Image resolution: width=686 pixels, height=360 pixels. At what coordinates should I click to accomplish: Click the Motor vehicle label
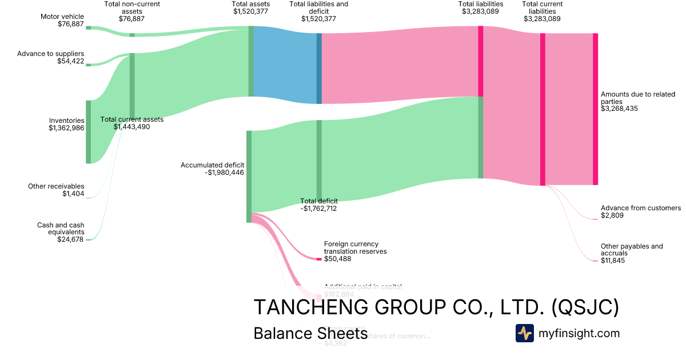[x=62, y=17]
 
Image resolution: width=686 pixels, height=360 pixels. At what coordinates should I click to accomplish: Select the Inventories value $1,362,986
[x=67, y=129]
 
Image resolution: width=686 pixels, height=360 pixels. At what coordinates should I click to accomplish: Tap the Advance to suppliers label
[x=51, y=54]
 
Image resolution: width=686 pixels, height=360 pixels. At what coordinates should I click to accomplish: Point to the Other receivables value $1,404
[x=73, y=194]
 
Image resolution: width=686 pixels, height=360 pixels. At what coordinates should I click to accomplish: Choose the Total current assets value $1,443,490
[x=131, y=127]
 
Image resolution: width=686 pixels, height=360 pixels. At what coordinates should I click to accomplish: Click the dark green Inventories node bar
[x=89, y=131]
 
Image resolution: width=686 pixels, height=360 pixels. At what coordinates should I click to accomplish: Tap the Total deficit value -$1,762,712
[x=319, y=209]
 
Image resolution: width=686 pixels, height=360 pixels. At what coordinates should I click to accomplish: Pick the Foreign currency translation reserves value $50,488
[x=337, y=259]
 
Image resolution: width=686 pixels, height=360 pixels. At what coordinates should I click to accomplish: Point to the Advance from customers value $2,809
[x=612, y=215]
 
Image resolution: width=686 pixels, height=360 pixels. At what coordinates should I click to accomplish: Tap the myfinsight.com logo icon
[x=524, y=333]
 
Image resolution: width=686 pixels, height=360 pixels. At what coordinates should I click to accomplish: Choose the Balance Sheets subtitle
[x=310, y=334]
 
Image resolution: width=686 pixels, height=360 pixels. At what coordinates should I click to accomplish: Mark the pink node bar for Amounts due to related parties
[x=595, y=109]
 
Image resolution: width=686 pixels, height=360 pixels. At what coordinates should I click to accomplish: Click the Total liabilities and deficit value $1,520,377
[x=318, y=19]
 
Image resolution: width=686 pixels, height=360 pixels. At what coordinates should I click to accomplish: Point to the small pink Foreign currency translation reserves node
[x=319, y=259]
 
